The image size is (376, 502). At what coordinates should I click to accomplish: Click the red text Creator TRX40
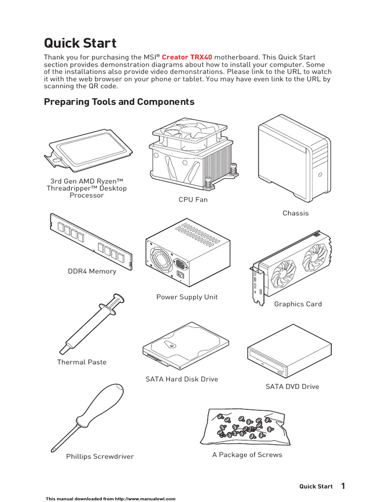pyautogui.click(x=187, y=57)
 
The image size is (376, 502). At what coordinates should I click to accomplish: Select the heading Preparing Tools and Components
pyautogui.click(x=119, y=102)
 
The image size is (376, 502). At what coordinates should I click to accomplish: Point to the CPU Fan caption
pyautogui.click(x=193, y=200)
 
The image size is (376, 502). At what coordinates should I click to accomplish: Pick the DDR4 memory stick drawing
pyautogui.click(x=91, y=241)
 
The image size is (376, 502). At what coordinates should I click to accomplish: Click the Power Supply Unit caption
pyautogui.click(x=187, y=297)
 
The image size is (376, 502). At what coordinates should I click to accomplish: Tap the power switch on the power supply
pyautogui.click(x=180, y=276)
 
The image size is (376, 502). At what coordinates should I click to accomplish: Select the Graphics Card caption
pyautogui.click(x=298, y=304)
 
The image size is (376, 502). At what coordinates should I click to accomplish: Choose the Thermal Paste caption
pyautogui.click(x=82, y=362)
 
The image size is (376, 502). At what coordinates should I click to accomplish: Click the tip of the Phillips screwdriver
pyautogui.click(x=53, y=450)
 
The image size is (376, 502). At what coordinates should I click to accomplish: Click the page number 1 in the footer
pyautogui.click(x=343, y=486)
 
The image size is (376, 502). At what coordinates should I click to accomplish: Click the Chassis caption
pyautogui.click(x=296, y=213)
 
